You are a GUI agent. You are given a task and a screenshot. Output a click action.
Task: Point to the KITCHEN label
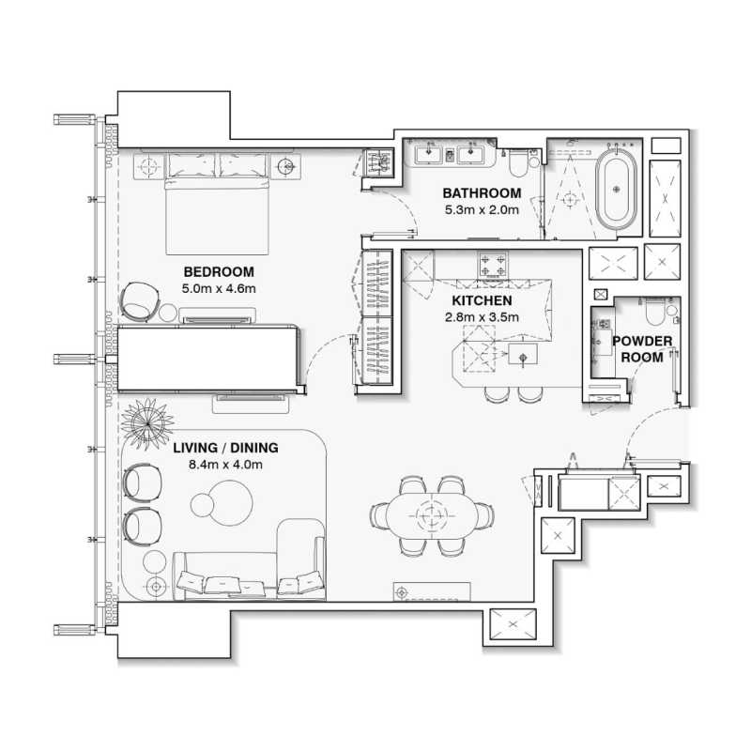[482, 300]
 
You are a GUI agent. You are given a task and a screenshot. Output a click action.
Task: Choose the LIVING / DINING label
[217, 448]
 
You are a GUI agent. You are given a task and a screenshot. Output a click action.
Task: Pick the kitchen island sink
[518, 357]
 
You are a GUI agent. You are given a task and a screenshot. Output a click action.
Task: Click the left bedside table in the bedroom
[149, 167]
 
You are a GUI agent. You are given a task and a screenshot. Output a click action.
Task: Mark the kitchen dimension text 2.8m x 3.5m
[482, 317]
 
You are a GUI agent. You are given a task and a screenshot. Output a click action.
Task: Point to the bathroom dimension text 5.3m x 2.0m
[482, 210]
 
